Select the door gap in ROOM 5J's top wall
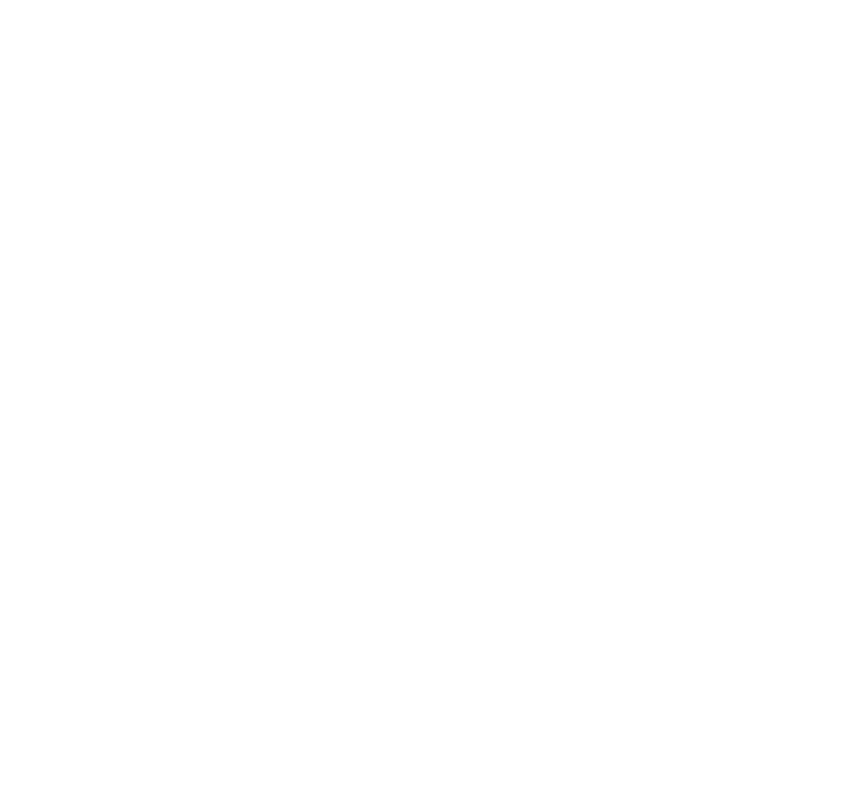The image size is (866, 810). coord(538,435)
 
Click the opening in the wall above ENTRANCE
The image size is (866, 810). coord(727,278)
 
